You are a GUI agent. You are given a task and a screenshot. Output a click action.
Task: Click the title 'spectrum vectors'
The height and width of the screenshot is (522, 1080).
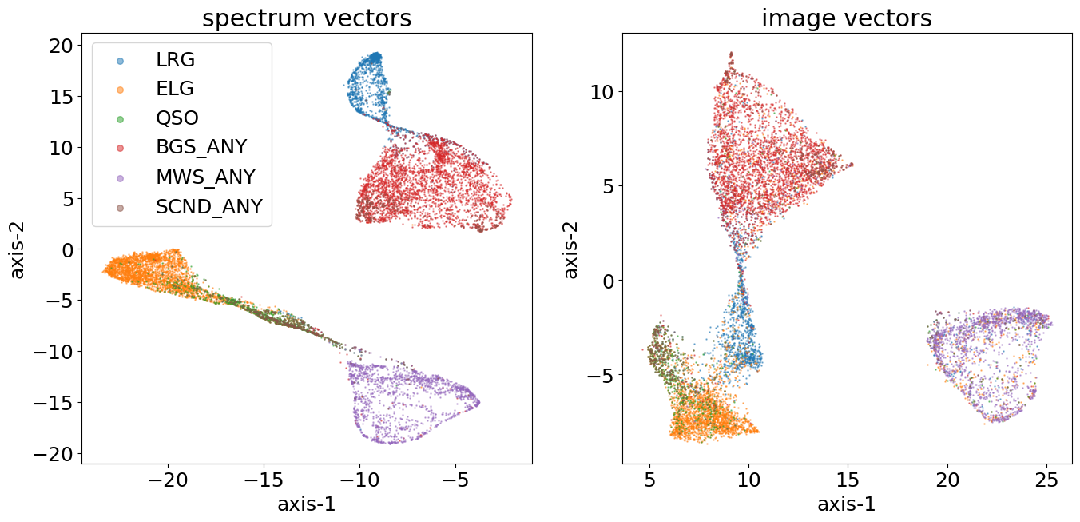(x=307, y=18)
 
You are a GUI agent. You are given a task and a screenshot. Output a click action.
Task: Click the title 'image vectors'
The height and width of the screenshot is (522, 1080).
(x=847, y=18)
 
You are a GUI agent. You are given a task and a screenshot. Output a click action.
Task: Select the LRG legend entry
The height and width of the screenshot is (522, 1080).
(x=176, y=59)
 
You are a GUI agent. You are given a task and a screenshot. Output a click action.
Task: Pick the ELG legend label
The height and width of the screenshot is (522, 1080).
(x=175, y=89)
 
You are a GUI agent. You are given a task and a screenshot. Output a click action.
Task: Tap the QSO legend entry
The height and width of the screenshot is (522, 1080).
(x=177, y=118)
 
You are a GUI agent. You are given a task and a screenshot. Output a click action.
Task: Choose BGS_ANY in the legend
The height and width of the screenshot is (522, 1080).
(x=201, y=148)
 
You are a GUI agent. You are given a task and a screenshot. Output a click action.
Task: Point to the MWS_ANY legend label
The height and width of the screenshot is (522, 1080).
(x=205, y=177)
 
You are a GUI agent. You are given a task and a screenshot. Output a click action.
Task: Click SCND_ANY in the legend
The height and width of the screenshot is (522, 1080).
(x=208, y=207)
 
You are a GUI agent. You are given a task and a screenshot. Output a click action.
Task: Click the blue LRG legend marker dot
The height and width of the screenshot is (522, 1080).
(x=119, y=60)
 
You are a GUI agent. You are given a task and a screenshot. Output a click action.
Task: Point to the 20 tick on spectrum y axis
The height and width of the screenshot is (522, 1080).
(x=61, y=46)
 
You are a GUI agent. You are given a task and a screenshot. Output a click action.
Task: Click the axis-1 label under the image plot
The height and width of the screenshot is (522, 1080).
(x=847, y=505)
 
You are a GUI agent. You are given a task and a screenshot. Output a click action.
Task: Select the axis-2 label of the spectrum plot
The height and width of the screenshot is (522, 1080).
(x=18, y=248)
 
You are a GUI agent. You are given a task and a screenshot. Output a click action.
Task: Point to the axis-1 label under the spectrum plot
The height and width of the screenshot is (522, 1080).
(x=307, y=505)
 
